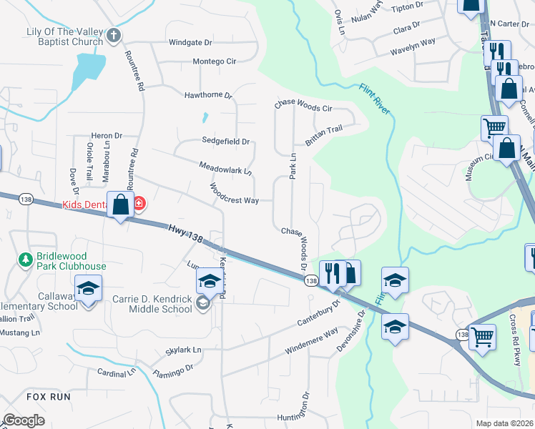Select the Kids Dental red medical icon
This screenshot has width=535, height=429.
[138, 204]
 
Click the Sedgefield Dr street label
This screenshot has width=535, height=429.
[225, 142]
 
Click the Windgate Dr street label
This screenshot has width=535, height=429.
[191, 42]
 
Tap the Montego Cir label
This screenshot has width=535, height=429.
[215, 61]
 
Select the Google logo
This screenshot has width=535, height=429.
[23, 420]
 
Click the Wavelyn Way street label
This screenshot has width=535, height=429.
[413, 47]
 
